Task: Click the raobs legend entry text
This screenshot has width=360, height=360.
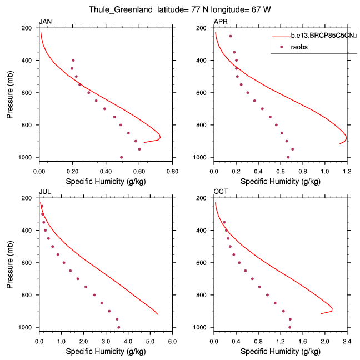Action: click(299, 47)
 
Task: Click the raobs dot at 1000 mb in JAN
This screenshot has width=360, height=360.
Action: click(121, 157)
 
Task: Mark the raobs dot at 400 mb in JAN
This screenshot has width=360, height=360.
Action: click(73, 60)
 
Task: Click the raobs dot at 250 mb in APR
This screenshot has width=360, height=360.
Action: click(231, 36)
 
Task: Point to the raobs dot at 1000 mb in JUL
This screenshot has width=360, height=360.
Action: click(118, 327)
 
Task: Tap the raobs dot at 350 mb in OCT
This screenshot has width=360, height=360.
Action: click(224, 222)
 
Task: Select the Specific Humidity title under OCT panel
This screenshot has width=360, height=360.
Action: click(281, 351)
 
